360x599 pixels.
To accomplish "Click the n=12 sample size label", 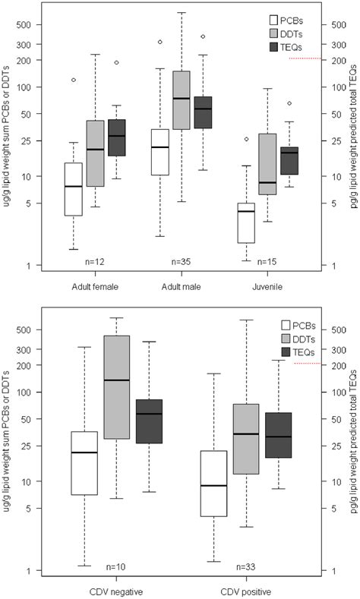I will tap(96, 261).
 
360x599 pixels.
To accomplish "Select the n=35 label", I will tap(181, 261).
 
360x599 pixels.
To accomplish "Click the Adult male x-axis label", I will tap(181, 286).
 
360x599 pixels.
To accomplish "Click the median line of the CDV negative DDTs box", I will tap(116, 380).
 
